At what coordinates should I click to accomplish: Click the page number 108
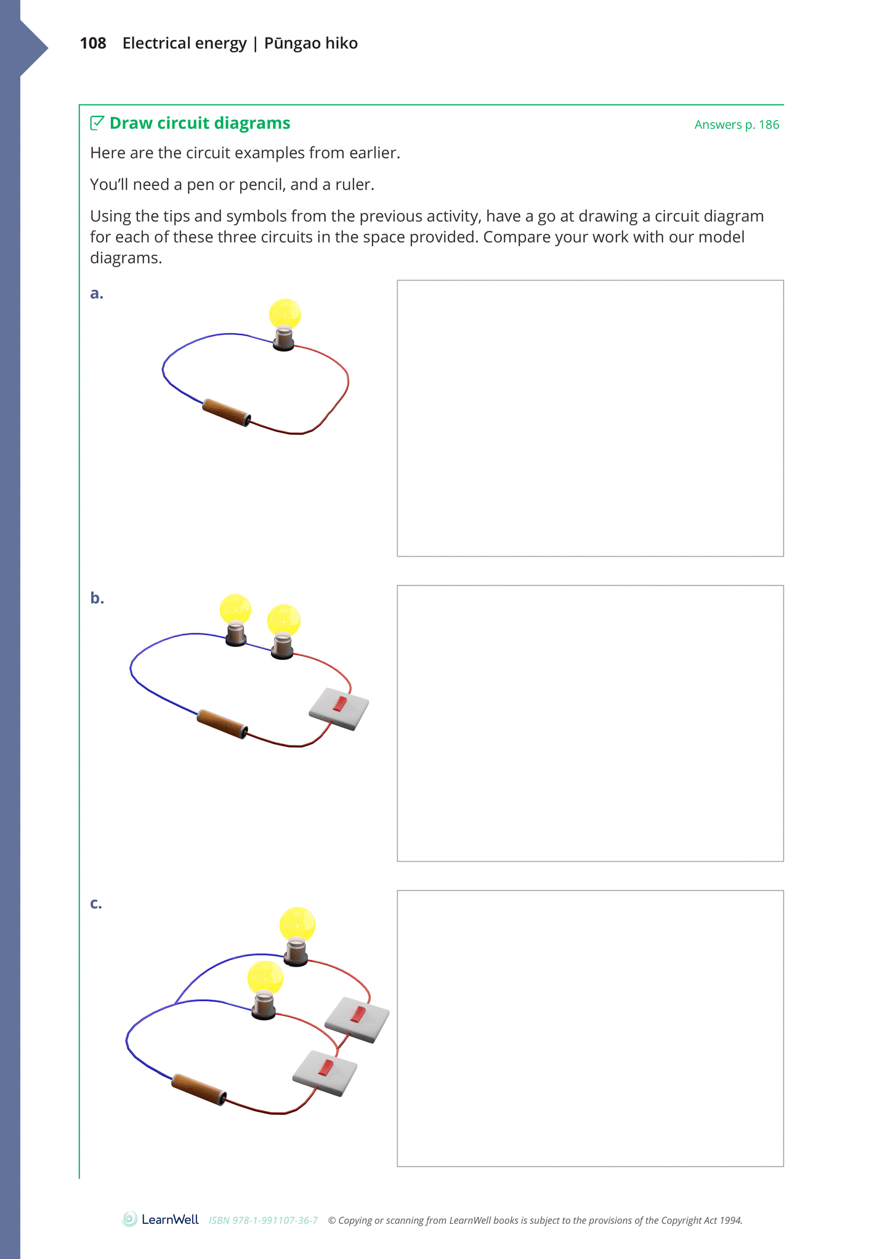pyautogui.click(x=93, y=43)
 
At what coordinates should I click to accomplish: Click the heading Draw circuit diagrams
pyautogui.click(x=200, y=123)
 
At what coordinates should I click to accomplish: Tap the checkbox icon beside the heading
pyautogui.click(x=97, y=123)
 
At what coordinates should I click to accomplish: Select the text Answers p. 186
pyautogui.click(x=736, y=125)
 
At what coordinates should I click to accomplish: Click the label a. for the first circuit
pyautogui.click(x=97, y=294)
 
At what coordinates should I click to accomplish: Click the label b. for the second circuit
pyautogui.click(x=97, y=598)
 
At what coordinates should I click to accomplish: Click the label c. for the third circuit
pyautogui.click(x=96, y=904)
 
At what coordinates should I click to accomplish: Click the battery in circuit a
pyautogui.click(x=226, y=412)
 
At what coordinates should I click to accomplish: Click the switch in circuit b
pyautogui.click(x=338, y=709)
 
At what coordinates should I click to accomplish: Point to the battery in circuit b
pyautogui.click(x=222, y=724)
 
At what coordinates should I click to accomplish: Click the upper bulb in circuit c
pyautogui.click(x=297, y=925)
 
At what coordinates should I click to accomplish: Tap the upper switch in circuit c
pyautogui.click(x=357, y=1020)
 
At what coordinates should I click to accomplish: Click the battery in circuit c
pyautogui.click(x=198, y=1089)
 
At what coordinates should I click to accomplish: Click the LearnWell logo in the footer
pyautogui.click(x=161, y=1220)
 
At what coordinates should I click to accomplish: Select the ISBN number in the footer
pyautogui.click(x=263, y=1221)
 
